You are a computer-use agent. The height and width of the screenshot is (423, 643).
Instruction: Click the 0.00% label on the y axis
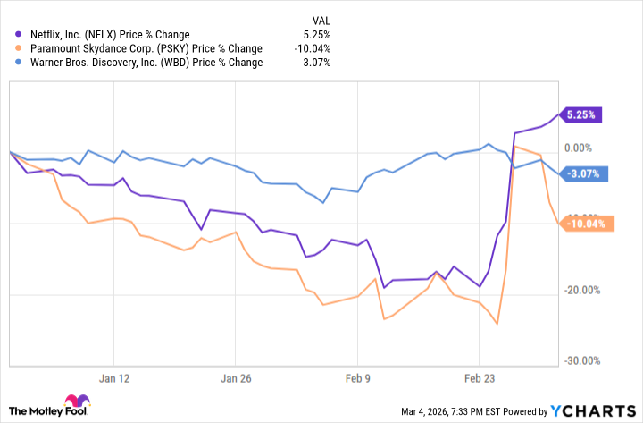(x=584, y=148)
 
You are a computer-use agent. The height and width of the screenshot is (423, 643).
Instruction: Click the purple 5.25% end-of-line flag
(x=582, y=114)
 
